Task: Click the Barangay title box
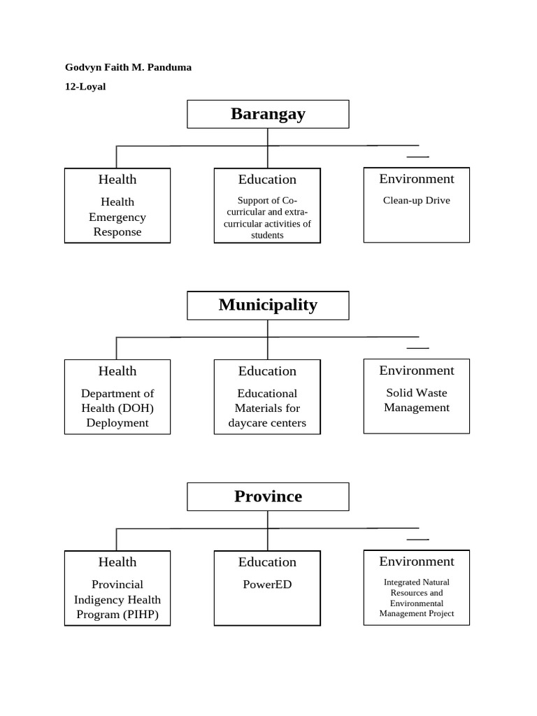click(268, 114)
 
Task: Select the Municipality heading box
click(268, 305)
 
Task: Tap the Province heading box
click(268, 496)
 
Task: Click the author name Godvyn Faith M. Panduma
click(128, 67)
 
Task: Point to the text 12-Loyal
click(85, 87)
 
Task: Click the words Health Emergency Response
click(117, 217)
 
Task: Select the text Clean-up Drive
click(417, 201)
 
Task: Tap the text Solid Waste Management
click(417, 400)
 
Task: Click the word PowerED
click(267, 585)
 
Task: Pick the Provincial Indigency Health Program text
click(117, 599)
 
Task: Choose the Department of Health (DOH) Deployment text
click(117, 408)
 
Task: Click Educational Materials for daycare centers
click(267, 408)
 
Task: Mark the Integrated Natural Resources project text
click(417, 598)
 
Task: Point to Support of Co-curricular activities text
click(267, 218)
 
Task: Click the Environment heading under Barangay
click(417, 179)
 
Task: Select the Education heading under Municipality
click(267, 371)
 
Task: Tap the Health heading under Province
click(117, 562)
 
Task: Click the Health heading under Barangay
click(117, 180)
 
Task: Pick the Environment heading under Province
click(417, 561)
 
